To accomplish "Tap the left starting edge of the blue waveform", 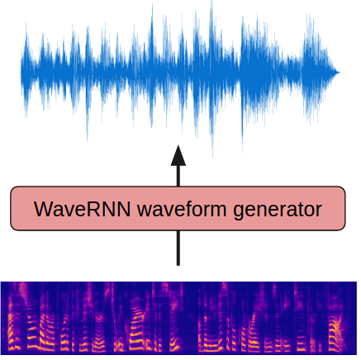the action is pyautogui.click(x=22, y=72).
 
